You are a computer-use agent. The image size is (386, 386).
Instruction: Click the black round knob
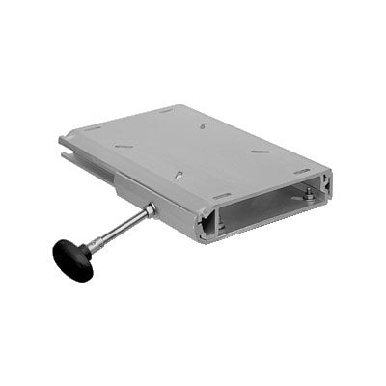[72, 259]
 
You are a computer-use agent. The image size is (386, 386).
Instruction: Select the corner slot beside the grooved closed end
[93, 128]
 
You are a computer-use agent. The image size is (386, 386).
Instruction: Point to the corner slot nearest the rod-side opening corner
[221, 196]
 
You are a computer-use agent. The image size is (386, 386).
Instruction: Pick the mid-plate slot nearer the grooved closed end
[123, 146]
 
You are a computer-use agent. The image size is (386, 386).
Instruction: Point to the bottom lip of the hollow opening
[265, 226]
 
